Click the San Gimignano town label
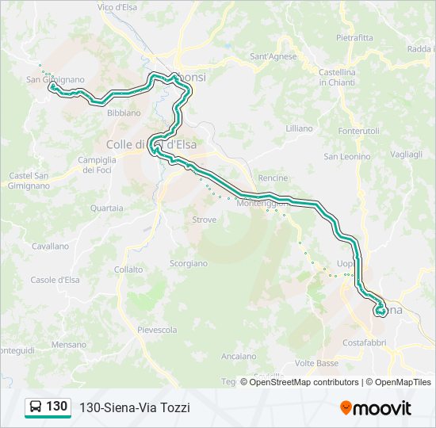pyautogui.click(x=55, y=79)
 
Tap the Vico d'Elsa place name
pyautogui.click(x=119, y=7)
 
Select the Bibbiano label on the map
pyautogui.click(x=123, y=113)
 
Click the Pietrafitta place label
pyautogui.click(x=354, y=37)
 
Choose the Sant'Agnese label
pyautogui.click(x=273, y=56)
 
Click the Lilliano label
pyautogui.click(x=299, y=128)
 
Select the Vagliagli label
pyautogui.click(x=406, y=155)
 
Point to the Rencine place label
pyautogui.click(x=273, y=178)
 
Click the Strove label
pyautogui.click(x=204, y=220)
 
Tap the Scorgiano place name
pyautogui.click(x=189, y=263)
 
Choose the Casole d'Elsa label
pyautogui.click(x=55, y=280)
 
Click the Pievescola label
pyautogui.click(x=157, y=330)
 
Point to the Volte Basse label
pyautogui.click(x=316, y=363)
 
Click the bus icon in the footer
pyautogui.click(x=35, y=407)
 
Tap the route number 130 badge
pyautogui.click(x=56, y=407)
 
